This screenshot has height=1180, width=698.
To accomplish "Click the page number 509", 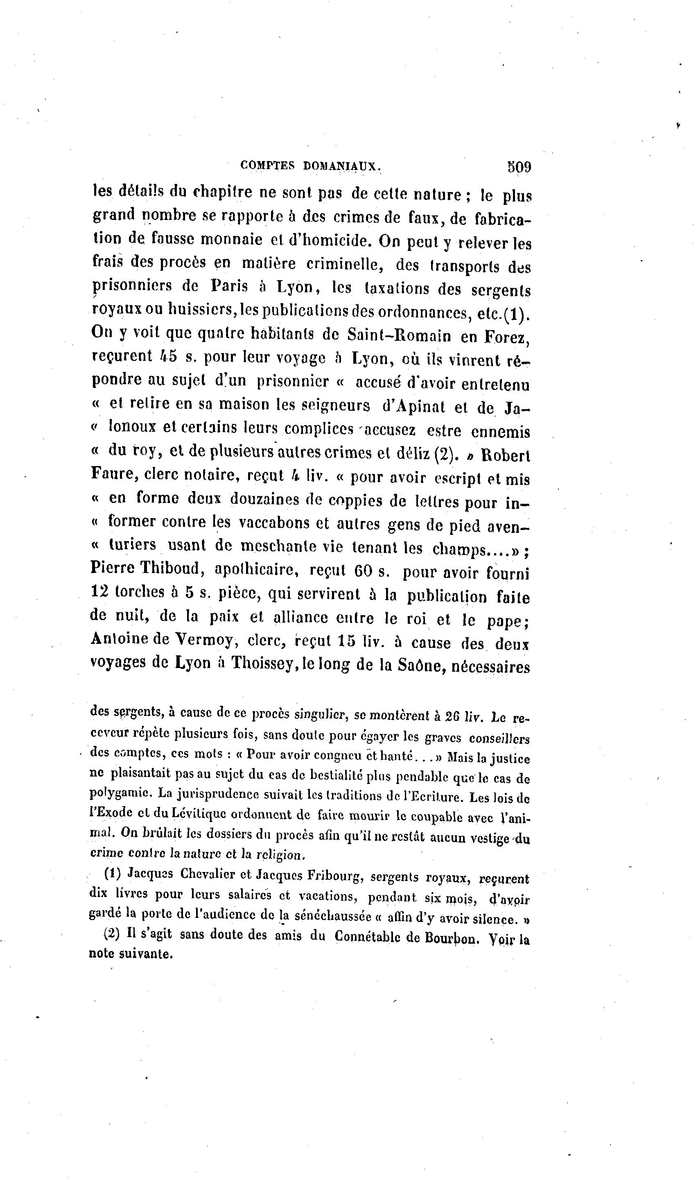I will (519, 167).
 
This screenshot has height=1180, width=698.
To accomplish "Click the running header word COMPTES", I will (267, 165).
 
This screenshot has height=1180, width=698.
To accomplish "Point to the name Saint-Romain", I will (399, 335).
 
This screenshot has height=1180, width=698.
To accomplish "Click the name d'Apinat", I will (414, 406).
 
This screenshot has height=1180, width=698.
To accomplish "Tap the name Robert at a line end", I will (506, 455).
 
